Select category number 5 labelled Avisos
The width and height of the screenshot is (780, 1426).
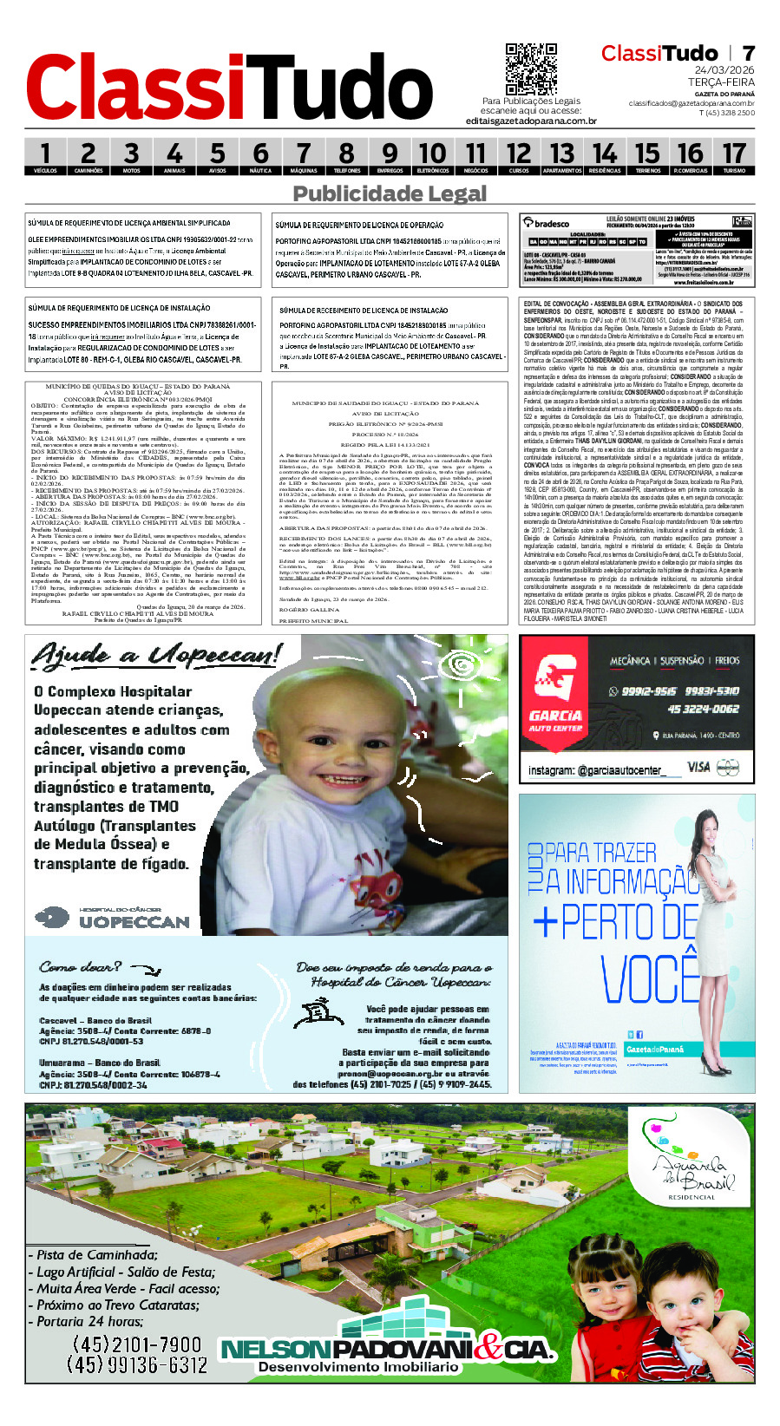217,157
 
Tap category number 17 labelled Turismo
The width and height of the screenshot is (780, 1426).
734,157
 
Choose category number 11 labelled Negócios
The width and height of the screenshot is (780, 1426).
475,157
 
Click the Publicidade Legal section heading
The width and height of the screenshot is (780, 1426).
390,193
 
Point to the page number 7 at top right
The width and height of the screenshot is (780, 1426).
748,54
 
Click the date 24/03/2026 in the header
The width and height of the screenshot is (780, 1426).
724,70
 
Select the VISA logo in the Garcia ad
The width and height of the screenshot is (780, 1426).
698,767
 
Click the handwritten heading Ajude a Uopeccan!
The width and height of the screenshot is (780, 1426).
156,655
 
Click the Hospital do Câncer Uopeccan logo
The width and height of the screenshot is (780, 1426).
113,918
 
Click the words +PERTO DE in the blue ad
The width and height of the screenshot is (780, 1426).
616,922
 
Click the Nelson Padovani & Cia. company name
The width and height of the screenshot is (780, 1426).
386,1349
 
